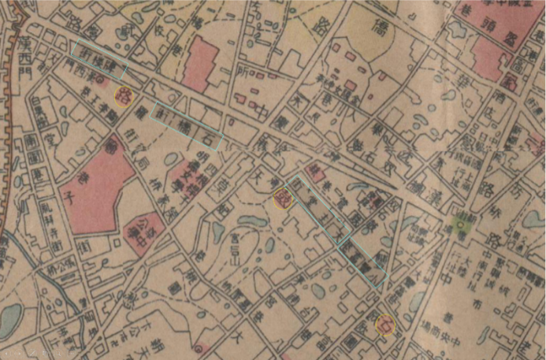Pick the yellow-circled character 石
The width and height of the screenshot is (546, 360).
(385, 324)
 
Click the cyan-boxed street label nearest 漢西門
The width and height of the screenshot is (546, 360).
(98, 60)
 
